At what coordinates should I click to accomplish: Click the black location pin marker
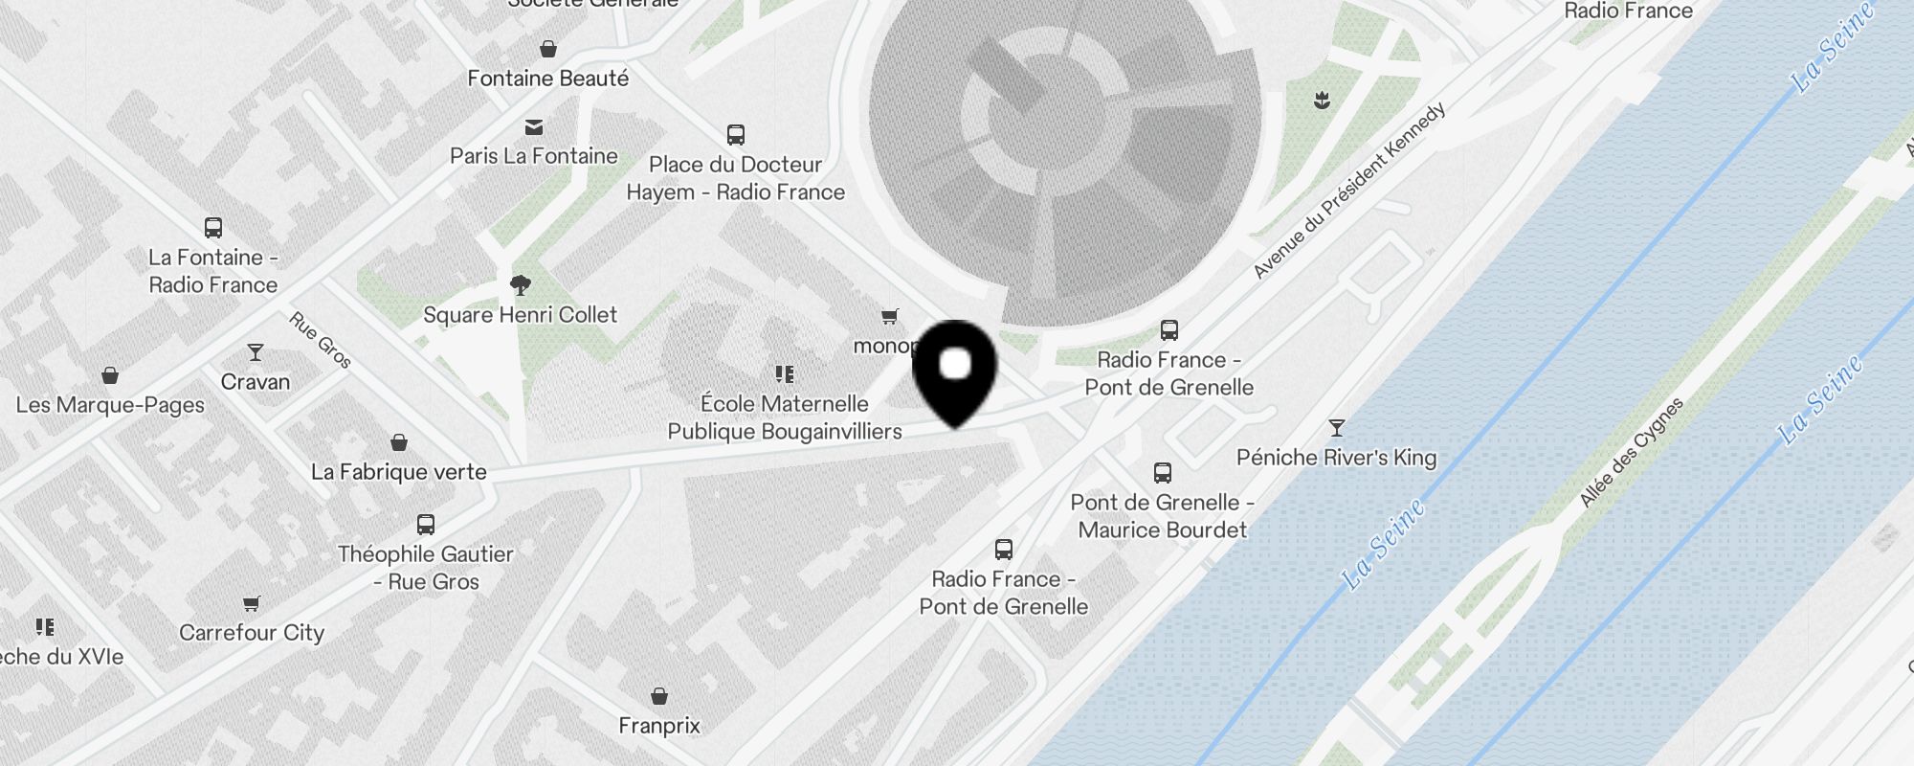tap(955, 369)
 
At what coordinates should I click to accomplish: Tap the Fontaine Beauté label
tap(547, 79)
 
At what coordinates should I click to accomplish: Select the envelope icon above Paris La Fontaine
tap(534, 127)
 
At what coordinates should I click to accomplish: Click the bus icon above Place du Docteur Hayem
tap(735, 135)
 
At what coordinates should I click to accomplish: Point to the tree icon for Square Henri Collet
tap(521, 284)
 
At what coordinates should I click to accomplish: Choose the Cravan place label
tap(255, 382)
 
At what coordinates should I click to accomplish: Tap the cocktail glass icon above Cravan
tap(255, 352)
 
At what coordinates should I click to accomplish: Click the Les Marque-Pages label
tap(110, 405)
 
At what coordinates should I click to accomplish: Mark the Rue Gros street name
tap(321, 340)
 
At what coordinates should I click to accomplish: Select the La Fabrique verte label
tap(398, 472)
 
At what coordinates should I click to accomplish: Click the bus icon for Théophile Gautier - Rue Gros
tap(426, 525)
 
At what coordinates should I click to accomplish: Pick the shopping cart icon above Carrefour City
tap(252, 603)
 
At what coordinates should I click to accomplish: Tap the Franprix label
tap(659, 726)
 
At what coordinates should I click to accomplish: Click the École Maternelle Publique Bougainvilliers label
tap(785, 417)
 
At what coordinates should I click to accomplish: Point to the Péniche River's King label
tap(1336, 458)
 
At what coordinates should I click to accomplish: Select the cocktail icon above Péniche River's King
tap(1337, 427)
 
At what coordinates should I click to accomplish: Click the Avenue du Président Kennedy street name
tap(1349, 191)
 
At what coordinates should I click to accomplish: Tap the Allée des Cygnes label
tap(1631, 452)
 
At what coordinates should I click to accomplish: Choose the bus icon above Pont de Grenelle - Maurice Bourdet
tap(1163, 473)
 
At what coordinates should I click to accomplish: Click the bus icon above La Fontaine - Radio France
tap(213, 228)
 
